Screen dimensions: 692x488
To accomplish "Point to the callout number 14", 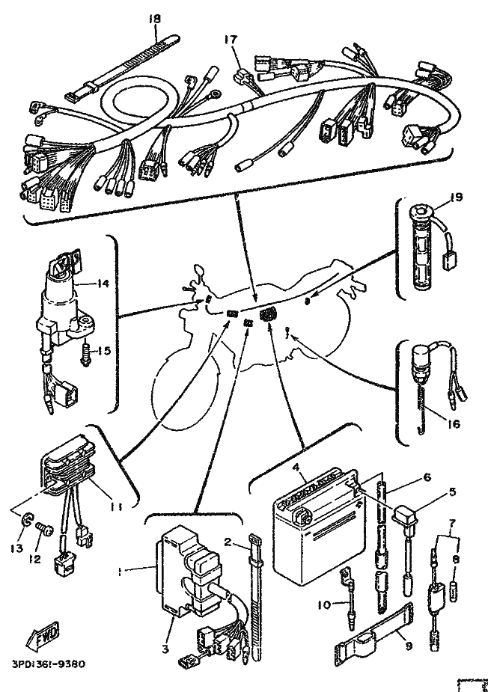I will click(x=103, y=283).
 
